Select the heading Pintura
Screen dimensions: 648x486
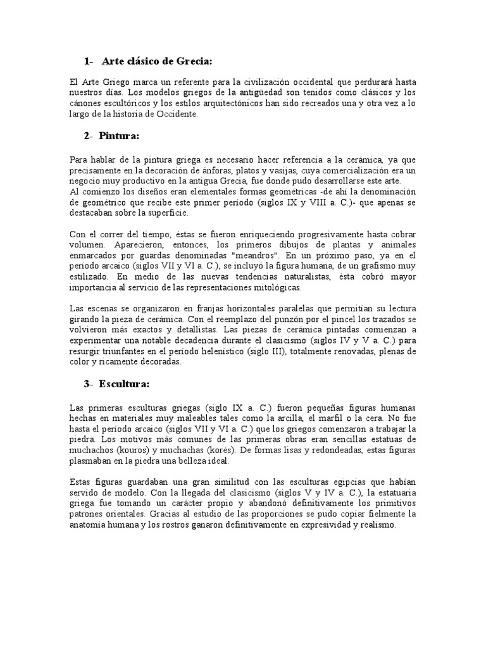(118, 136)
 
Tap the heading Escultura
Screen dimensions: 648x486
(123, 384)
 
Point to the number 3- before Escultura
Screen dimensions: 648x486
(88, 384)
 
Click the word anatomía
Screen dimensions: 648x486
(90, 525)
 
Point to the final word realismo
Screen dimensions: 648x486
(376, 525)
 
